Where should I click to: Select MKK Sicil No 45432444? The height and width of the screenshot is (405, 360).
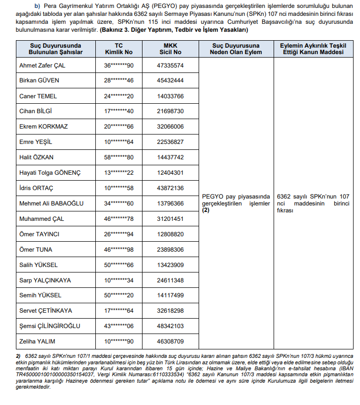(x=170, y=80)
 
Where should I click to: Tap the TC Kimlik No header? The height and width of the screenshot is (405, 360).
(x=119, y=49)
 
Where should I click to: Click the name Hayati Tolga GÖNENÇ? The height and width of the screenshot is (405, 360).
(x=50, y=173)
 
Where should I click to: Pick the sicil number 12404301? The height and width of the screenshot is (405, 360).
(x=170, y=173)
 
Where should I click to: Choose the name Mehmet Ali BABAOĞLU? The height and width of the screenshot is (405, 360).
(x=51, y=203)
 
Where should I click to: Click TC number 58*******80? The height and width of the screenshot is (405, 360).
(x=119, y=157)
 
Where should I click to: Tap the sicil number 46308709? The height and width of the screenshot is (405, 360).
(x=170, y=341)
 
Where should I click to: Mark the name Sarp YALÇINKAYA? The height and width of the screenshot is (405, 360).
(x=45, y=280)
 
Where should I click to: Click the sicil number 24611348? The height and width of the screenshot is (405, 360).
(x=170, y=280)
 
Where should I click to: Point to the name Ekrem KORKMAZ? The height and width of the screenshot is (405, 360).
(x=43, y=127)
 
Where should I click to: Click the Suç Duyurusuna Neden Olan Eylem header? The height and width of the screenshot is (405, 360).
(x=235, y=49)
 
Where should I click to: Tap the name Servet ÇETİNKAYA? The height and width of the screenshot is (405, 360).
(x=45, y=311)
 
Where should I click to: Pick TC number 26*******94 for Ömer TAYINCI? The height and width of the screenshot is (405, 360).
(x=119, y=234)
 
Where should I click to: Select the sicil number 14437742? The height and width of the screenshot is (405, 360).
(x=170, y=157)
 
